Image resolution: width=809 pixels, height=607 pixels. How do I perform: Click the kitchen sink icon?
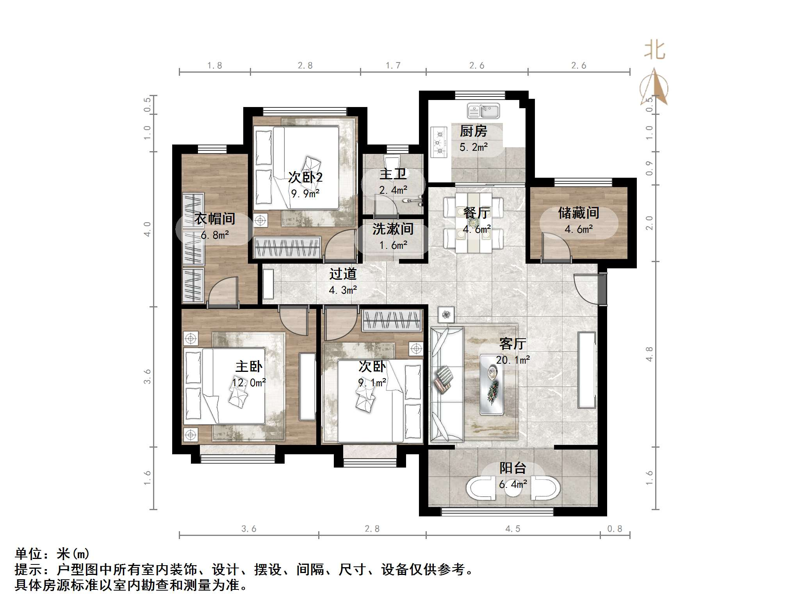tap(483, 111)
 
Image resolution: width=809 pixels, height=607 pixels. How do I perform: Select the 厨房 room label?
tap(474, 131)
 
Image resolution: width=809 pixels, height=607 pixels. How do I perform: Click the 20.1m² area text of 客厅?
tap(513, 360)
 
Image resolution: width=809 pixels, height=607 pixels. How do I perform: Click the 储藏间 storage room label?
tap(579, 213)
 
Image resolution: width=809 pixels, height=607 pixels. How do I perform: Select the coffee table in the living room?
tap(491, 384)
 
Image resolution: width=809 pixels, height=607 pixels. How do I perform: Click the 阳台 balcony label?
tap(513, 468)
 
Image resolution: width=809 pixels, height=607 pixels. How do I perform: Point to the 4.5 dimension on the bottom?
tap(513, 529)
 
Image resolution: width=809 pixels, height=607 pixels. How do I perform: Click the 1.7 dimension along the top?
tap(393, 66)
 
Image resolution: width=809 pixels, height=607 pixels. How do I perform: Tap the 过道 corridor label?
tap(343, 274)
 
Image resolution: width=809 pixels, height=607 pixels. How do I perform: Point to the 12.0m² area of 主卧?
tap(249, 383)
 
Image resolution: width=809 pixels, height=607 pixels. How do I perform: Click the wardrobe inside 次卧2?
tap(287, 247)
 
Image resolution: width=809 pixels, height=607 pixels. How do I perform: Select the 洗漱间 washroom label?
tap(393, 229)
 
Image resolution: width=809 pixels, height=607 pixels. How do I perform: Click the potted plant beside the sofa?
tap(446, 314)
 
